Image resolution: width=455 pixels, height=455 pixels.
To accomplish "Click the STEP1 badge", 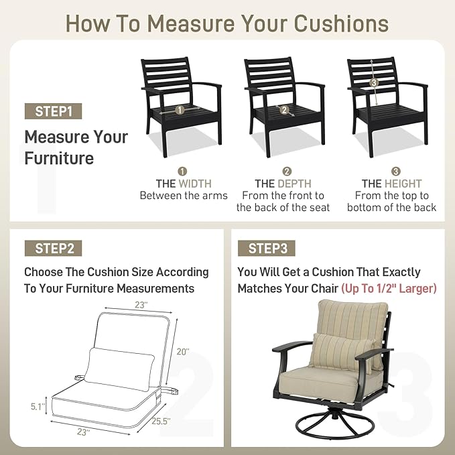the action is point(53,111).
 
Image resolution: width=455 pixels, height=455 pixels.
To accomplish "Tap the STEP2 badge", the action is point(53,249).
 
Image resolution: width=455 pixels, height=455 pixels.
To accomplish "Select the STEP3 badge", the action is point(267,249).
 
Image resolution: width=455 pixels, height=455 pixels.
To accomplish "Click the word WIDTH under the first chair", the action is point(195,184).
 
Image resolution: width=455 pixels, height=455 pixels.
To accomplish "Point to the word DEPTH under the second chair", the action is point(294,184).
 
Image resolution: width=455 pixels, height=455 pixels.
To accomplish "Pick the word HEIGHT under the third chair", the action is point(403,184).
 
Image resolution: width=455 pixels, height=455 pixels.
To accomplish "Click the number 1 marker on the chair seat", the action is point(180,110).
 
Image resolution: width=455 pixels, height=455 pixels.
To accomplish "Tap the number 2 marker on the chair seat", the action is point(284,110).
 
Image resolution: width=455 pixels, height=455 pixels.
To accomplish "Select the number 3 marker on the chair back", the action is point(374,82).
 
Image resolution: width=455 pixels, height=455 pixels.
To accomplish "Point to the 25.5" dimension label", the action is point(161,421).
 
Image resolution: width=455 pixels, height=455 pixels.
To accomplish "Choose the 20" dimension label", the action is point(183,352).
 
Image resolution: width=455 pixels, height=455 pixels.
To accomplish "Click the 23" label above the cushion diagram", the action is point(141,305).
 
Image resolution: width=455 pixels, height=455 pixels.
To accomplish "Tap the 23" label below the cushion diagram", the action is point(83,432).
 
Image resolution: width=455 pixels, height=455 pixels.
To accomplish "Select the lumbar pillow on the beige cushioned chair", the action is point(342,352).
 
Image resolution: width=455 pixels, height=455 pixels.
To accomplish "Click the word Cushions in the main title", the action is point(341,23).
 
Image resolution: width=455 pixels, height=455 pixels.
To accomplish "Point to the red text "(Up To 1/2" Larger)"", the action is point(389,288).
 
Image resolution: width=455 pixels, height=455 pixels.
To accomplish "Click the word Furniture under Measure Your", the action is point(59,158).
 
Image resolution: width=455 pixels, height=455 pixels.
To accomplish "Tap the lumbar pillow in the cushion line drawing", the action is point(119,369).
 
